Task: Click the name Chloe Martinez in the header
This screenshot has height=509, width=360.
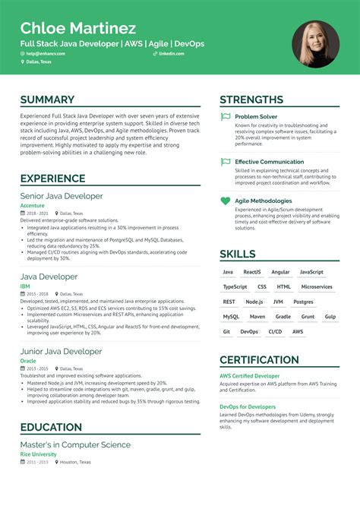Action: pos(78,29)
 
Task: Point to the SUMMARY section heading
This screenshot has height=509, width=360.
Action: pos(47,100)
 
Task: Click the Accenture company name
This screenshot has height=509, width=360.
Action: pos(32,205)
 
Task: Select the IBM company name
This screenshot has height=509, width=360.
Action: pos(24,286)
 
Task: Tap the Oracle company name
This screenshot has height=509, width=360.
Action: pos(27,360)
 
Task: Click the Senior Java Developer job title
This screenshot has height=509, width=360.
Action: pos(62,196)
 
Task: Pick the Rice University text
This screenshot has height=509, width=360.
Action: pos(37,454)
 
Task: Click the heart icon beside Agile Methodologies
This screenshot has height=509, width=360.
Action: pos(225,201)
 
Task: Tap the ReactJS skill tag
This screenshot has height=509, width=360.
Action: pos(252,271)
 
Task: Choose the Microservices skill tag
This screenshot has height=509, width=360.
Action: pos(316,286)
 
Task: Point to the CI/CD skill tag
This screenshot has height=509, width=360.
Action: pos(275,331)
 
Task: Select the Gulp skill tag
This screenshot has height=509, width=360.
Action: pos(330,316)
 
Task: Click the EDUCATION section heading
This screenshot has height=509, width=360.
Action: pos(51,428)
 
